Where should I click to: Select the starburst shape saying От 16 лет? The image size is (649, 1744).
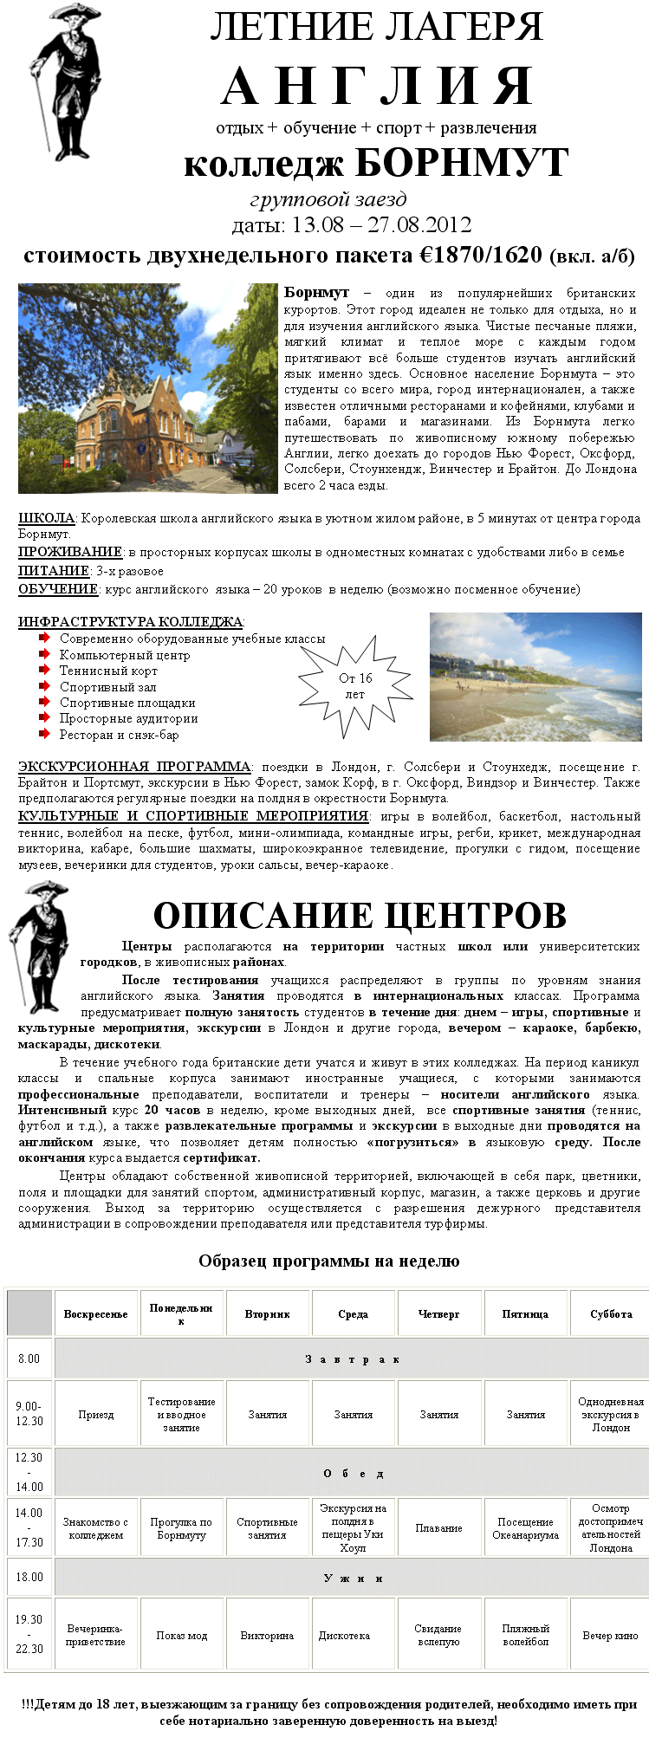click(355, 685)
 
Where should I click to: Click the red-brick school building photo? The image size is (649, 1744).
click(147, 388)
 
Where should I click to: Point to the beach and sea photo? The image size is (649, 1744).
click(535, 677)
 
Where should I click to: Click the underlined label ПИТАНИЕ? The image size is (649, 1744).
click(54, 571)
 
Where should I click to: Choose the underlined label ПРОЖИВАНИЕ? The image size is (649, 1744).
click(70, 552)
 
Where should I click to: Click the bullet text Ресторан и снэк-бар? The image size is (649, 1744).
click(120, 735)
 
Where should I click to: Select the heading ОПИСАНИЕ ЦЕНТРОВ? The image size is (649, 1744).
click(360, 916)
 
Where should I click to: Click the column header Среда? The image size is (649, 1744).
click(354, 1314)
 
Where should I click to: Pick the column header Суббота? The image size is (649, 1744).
click(611, 1314)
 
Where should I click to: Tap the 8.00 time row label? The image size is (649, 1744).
click(29, 1358)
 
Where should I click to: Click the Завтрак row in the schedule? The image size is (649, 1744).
click(352, 1359)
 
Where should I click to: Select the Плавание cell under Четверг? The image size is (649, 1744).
click(439, 1528)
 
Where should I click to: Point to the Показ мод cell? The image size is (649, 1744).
click(182, 1636)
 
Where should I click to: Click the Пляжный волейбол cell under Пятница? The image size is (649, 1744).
click(525, 1635)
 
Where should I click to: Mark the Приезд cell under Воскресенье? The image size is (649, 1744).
click(96, 1415)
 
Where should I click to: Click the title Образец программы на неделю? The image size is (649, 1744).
click(328, 1261)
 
